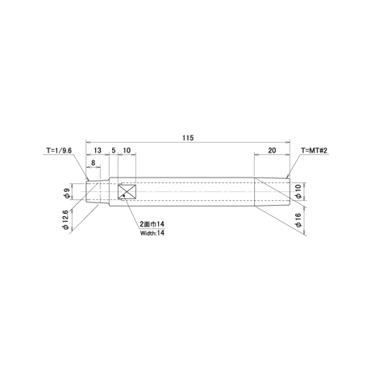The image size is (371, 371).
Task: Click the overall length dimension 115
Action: click(188, 138)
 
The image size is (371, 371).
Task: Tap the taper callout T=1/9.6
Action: click(59, 150)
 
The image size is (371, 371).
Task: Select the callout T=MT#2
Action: click(314, 150)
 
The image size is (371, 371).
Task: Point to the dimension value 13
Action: click(98, 150)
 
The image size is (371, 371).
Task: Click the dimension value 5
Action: click(114, 150)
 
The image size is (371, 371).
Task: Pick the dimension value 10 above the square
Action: click(127, 150)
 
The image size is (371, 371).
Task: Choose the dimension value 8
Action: click(94, 163)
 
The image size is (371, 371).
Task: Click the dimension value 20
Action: click(272, 150)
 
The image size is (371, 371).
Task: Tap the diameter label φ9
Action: click(67, 193)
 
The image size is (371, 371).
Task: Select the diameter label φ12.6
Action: click(65, 219)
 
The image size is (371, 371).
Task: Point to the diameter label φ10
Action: click(298, 192)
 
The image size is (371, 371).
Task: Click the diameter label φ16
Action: click(298, 220)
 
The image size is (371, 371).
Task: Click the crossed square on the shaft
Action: click(127, 192)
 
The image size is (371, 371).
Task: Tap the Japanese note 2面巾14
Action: click(152, 224)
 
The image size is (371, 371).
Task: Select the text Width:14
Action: click(152, 233)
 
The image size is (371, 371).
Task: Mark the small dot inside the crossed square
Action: click(123, 195)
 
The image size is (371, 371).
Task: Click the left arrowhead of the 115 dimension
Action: click(88, 142)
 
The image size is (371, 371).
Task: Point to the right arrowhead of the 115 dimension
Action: click(288, 142)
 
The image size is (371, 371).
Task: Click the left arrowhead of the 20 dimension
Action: click(256, 155)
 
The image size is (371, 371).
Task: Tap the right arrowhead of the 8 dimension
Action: click(98, 167)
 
